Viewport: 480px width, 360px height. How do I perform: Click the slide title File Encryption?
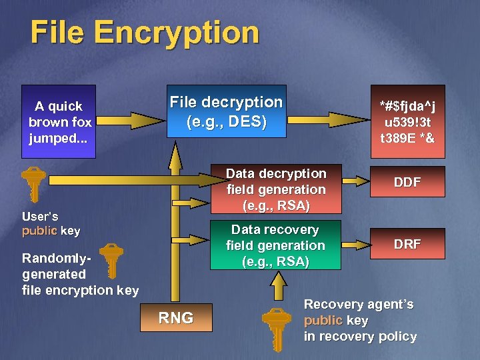[144, 33]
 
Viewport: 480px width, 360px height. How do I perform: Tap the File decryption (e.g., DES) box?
[226, 111]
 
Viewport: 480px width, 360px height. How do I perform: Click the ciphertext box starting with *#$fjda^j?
[407, 122]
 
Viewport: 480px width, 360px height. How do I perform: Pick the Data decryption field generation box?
[275, 189]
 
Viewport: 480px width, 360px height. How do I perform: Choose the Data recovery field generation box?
[275, 245]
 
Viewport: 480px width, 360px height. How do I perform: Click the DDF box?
[407, 182]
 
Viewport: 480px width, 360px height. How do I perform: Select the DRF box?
[407, 244]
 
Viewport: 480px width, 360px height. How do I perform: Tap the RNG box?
[176, 318]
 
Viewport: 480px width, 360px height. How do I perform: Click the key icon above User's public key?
[33, 183]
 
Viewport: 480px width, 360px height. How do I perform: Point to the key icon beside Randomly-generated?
[110, 261]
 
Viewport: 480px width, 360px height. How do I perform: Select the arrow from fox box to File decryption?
[131, 121]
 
